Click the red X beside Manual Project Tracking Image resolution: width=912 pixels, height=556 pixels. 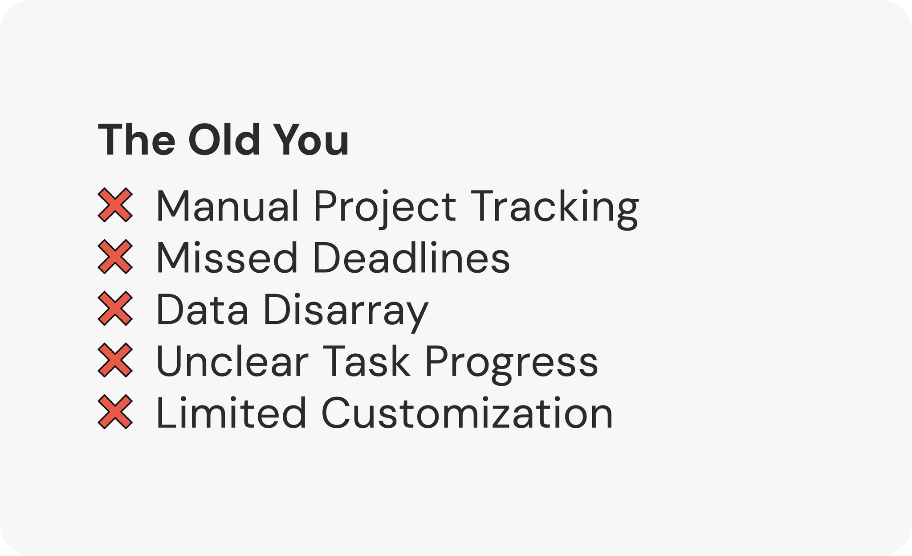[115, 205]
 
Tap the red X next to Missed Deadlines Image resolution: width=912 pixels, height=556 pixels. [115, 257]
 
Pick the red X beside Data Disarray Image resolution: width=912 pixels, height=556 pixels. [115, 308]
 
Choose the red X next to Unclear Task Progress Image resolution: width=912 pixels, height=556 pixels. [115, 360]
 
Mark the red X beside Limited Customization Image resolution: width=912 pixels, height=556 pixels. [115, 412]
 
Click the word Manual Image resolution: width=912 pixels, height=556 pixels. [228, 205]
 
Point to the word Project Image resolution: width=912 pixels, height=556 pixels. [385, 208]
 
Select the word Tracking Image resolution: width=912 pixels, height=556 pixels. [554, 208]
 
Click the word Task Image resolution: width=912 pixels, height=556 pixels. [366, 360]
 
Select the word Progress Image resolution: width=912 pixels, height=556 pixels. [512, 364]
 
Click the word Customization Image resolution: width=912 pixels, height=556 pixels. [467, 413]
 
